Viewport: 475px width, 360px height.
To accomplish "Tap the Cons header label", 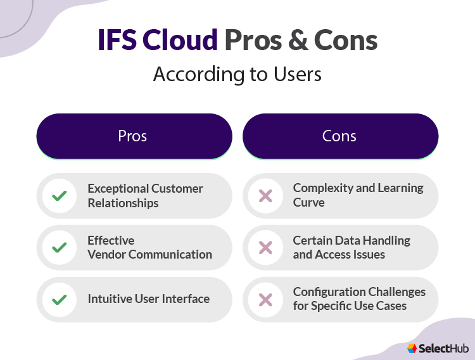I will point(339,136).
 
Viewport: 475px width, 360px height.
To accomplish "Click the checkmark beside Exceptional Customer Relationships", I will point(60,196).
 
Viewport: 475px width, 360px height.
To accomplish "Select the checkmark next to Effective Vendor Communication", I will point(60,248).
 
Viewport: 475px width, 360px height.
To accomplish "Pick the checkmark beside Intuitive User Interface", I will point(60,299).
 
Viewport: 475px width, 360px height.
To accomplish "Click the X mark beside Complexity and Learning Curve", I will point(265,196).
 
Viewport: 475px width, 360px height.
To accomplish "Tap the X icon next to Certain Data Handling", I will point(265,248).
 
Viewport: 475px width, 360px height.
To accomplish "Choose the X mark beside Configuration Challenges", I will point(265,299).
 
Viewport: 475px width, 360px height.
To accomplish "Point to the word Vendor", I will point(106,255).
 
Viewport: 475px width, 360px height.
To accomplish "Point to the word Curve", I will point(309,203).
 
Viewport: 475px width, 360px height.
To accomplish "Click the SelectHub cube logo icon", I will point(412,348).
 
